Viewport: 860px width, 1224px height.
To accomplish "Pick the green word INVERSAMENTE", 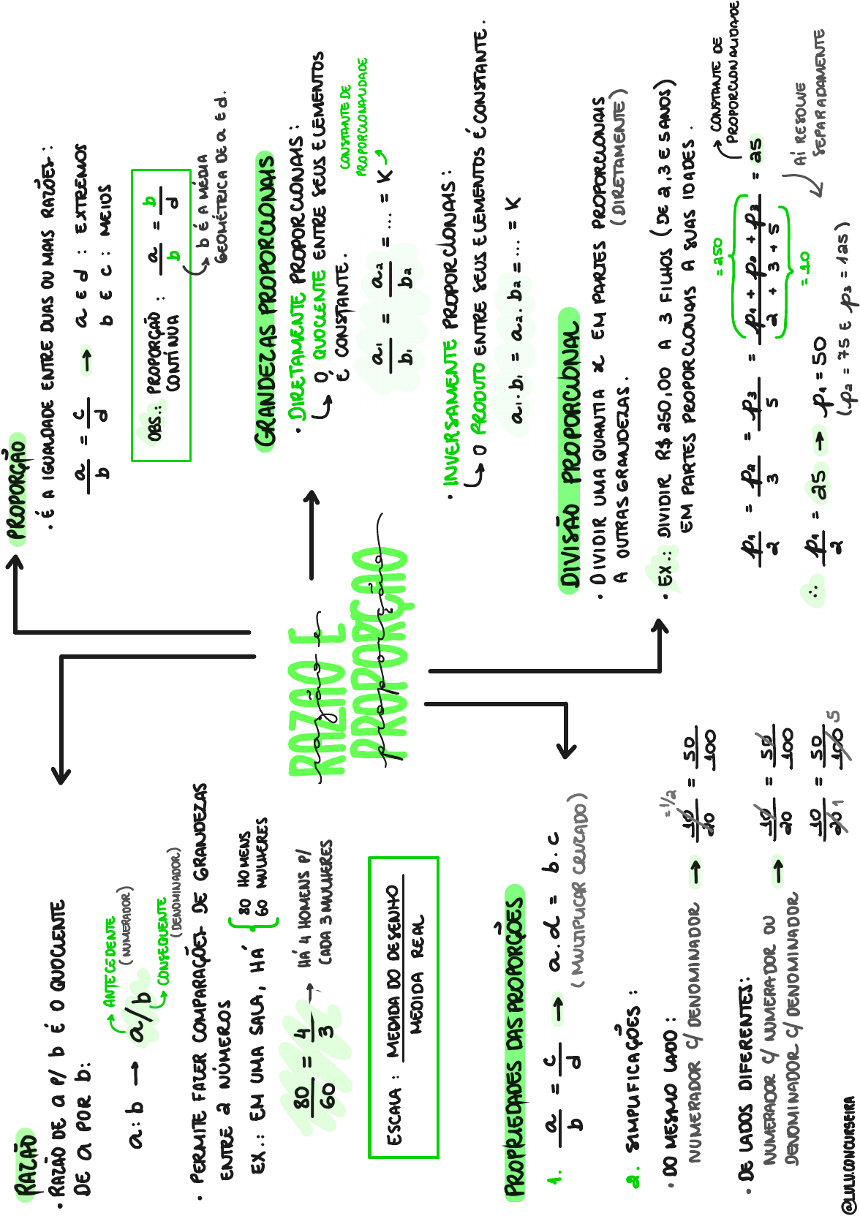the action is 451,410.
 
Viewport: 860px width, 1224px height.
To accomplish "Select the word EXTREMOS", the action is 83,189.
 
